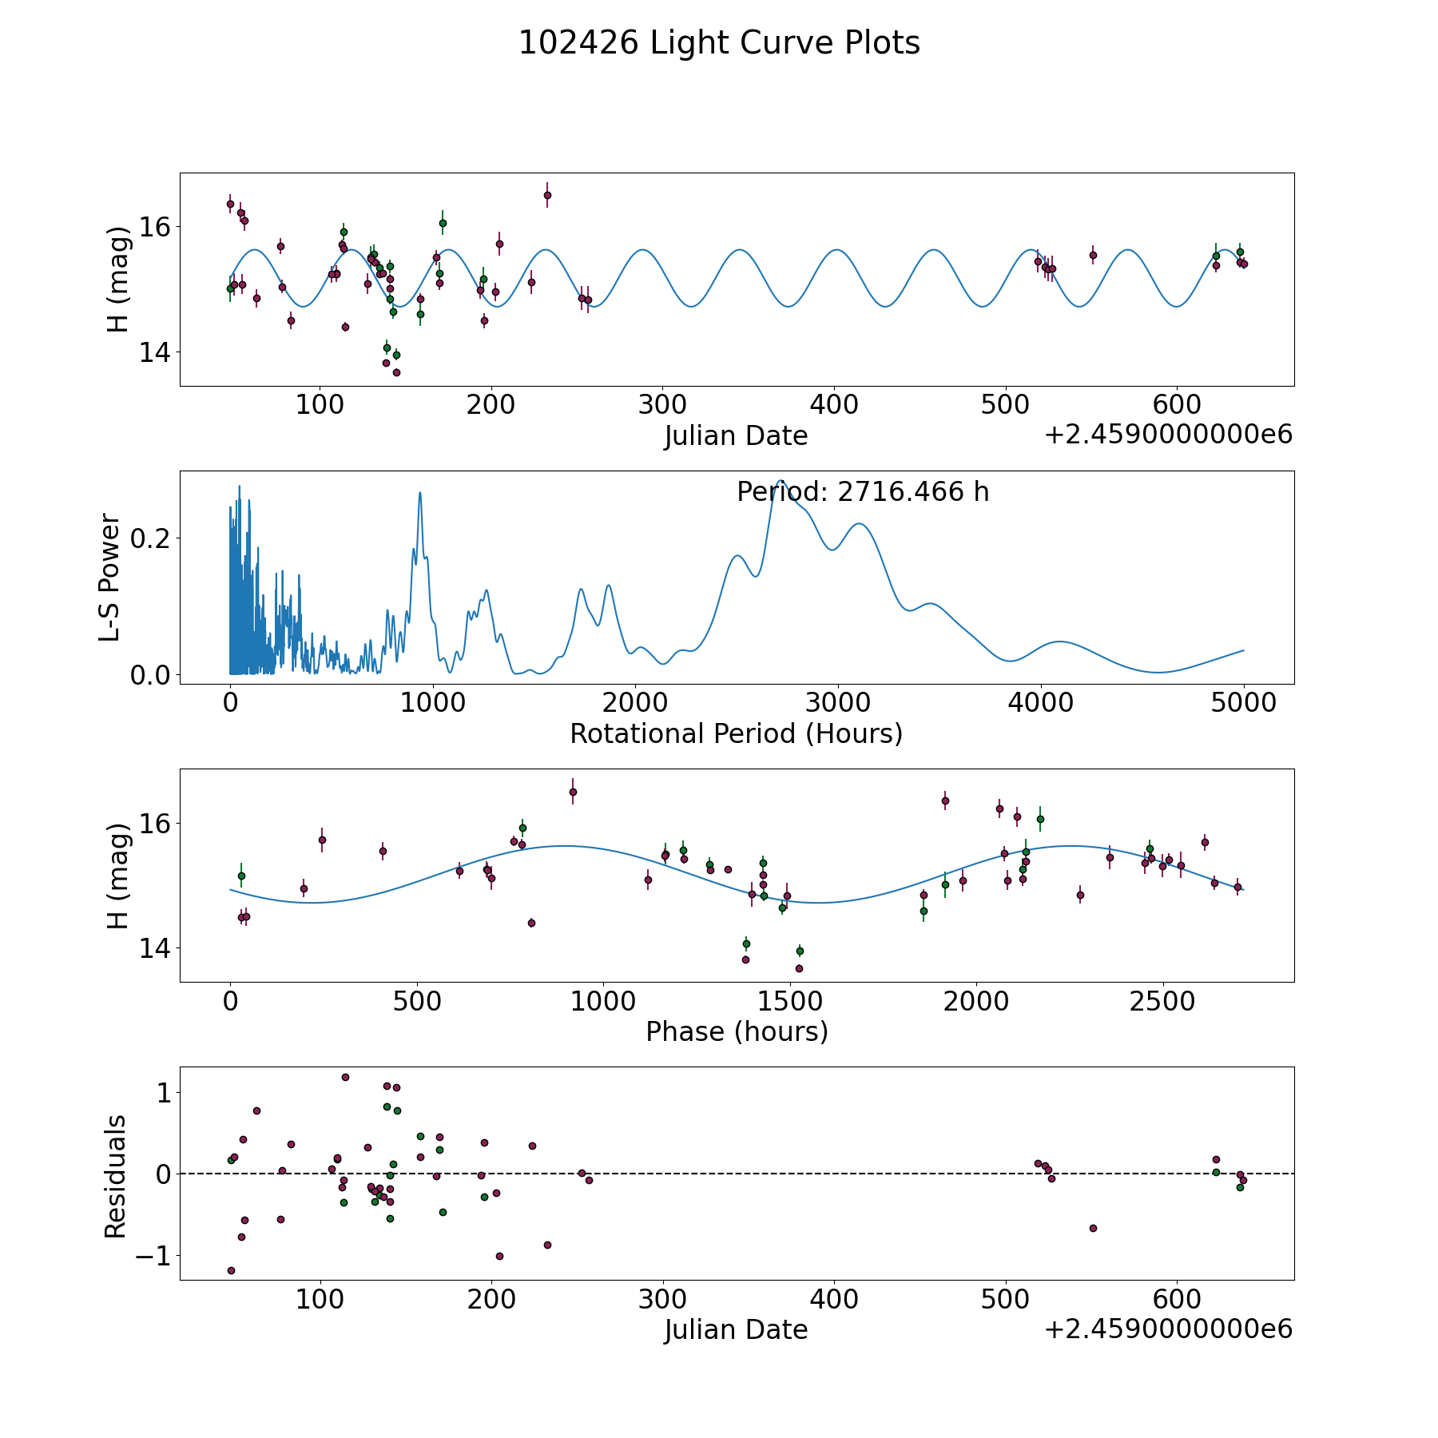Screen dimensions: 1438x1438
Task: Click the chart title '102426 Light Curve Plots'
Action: pyautogui.click(x=719, y=43)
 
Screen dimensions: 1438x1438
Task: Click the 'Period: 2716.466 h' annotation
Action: pyautogui.click(x=863, y=492)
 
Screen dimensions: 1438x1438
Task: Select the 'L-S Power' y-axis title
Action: pyautogui.click(x=111, y=577)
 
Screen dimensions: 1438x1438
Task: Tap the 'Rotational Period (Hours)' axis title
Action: pyautogui.click(x=736, y=733)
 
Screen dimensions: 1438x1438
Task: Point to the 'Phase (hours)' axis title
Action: pyautogui.click(x=737, y=1031)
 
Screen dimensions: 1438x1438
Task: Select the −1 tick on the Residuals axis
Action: pyautogui.click(x=148, y=1256)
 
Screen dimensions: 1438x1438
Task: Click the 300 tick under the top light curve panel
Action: pyautogui.click(x=662, y=405)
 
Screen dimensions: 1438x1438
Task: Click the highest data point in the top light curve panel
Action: pyautogui.click(x=547, y=195)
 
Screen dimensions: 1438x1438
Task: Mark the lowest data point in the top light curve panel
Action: pyautogui.click(x=396, y=372)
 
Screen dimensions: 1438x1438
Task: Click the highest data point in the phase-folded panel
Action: pyautogui.click(x=573, y=792)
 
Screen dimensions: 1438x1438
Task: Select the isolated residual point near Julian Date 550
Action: pyautogui.click(x=1093, y=1228)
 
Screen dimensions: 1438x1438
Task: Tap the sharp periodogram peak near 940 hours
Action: pyautogui.click(x=420, y=494)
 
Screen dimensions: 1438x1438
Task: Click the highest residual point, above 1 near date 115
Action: pyautogui.click(x=345, y=1077)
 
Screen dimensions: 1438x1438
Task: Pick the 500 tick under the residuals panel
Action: pyautogui.click(x=1005, y=1300)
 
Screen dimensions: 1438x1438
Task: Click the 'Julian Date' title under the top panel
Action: pyautogui.click(x=736, y=436)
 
